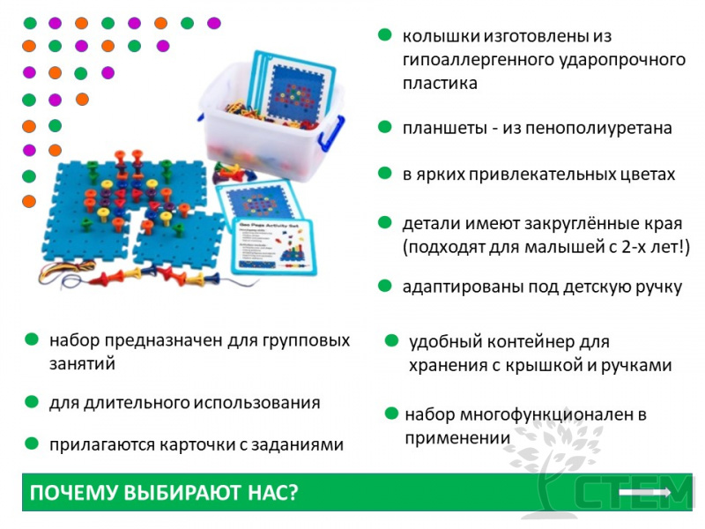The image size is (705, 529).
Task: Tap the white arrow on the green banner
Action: pyautogui.click(x=645, y=492)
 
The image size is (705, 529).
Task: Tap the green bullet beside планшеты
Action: pyautogui.click(x=384, y=127)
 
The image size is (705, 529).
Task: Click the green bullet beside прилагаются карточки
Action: pyautogui.click(x=32, y=443)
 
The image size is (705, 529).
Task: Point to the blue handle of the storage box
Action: pyautogui.click(x=331, y=133)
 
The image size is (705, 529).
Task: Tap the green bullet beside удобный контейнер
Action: pyautogui.click(x=391, y=340)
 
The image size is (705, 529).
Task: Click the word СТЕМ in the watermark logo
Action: pyautogui.click(x=633, y=493)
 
